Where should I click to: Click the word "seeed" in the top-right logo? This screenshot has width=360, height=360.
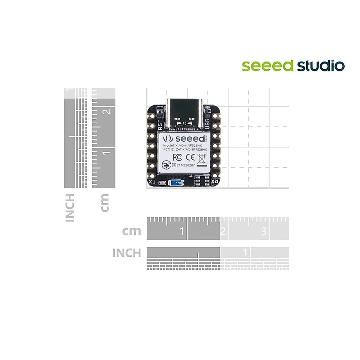[267, 66]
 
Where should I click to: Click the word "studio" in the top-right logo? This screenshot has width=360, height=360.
[321, 66]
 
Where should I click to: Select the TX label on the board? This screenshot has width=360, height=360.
[152, 182]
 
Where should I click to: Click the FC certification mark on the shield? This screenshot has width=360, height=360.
[177, 157]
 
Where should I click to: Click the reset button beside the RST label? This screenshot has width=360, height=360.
[160, 113]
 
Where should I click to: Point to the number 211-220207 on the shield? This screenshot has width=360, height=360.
[186, 165]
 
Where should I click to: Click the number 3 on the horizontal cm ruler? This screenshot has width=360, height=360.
[264, 231]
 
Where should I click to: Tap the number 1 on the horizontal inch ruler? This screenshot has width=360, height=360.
[245, 253]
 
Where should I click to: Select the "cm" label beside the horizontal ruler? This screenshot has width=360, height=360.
[131, 231]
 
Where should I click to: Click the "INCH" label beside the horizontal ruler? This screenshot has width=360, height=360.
[127, 253]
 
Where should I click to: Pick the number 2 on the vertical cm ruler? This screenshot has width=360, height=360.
[107, 112]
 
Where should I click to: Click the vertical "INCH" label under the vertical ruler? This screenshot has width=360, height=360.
[70, 208]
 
